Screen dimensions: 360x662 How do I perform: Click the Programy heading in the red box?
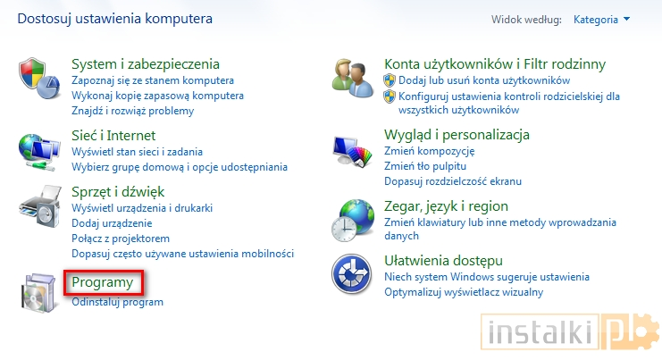click(x=103, y=282)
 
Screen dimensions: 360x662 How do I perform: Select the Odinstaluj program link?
click(x=117, y=302)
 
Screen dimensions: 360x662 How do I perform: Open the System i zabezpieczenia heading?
click(x=145, y=63)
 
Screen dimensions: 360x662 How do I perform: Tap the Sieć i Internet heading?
click(x=113, y=135)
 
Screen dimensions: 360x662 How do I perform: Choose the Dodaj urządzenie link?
click(x=112, y=223)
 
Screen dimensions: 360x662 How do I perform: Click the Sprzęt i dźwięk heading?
click(x=118, y=191)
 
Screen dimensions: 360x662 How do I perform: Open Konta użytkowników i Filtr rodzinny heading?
click(x=494, y=63)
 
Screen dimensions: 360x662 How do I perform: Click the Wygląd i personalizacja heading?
click(x=457, y=134)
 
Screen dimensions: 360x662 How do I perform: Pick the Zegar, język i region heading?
click(x=446, y=205)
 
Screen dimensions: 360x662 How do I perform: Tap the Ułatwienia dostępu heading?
click(x=443, y=260)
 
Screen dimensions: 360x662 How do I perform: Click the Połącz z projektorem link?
click(x=121, y=239)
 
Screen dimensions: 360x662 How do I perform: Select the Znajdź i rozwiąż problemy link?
click(x=132, y=111)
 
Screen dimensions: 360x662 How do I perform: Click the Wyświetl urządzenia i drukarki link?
click(x=141, y=208)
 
